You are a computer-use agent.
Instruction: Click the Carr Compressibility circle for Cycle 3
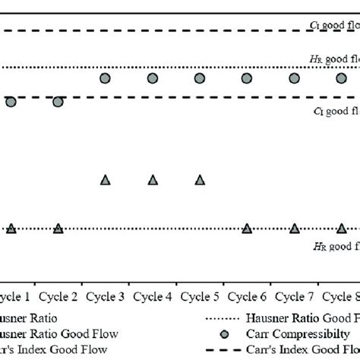(x=106, y=78)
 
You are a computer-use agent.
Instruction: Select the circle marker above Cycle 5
(x=200, y=78)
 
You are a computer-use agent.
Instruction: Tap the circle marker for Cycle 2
(x=58, y=102)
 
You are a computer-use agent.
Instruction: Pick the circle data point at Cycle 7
(x=294, y=78)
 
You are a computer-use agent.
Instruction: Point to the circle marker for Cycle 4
(x=153, y=78)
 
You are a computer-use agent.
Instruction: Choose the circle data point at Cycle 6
(x=247, y=78)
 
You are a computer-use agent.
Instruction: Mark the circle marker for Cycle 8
(x=341, y=78)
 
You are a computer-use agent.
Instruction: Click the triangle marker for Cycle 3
(x=106, y=180)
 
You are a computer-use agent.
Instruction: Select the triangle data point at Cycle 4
(x=153, y=180)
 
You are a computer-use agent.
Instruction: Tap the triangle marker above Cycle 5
(x=200, y=180)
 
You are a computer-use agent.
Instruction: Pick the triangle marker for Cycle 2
(x=58, y=228)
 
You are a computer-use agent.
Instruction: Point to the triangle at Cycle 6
(x=247, y=228)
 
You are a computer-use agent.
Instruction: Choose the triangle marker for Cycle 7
(x=294, y=228)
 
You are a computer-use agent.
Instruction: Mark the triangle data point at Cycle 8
(x=341, y=228)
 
